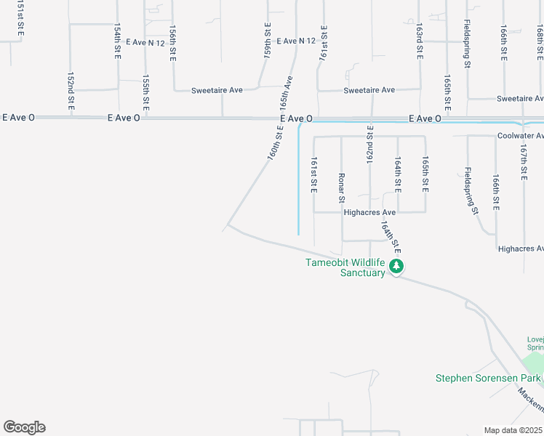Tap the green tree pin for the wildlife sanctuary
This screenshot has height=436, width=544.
tap(396, 267)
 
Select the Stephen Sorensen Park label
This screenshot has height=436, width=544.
tap(488, 378)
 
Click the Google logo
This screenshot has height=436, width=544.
tap(24, 427)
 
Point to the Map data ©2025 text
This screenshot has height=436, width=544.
tap(513, 430)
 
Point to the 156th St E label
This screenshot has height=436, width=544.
tap(172, 45)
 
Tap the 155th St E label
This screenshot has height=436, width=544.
tap(146, 90)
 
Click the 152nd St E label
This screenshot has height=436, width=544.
tap(71, 90)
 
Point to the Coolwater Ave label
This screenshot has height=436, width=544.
tap(520, 136)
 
